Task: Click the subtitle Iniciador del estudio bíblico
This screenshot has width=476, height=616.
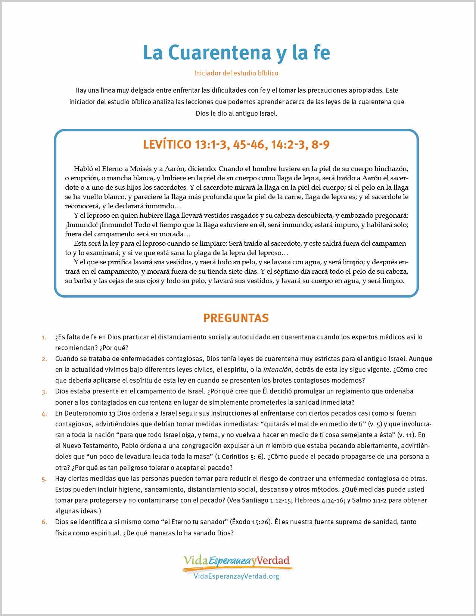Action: pos(236,73)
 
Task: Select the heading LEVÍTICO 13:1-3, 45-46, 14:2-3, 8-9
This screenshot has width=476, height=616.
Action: pos(236,145)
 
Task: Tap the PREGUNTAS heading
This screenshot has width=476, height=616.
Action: pos(236,318)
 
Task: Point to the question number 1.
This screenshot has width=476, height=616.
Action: pos(44,337)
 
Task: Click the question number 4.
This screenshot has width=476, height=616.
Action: pos(44,414)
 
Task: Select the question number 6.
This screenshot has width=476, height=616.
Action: pos(44,522)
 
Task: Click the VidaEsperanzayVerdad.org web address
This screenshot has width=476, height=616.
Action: pos(236,576)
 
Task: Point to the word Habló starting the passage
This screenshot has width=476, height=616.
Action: pos(83,168)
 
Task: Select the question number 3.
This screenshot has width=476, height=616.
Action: pos(44,392)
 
